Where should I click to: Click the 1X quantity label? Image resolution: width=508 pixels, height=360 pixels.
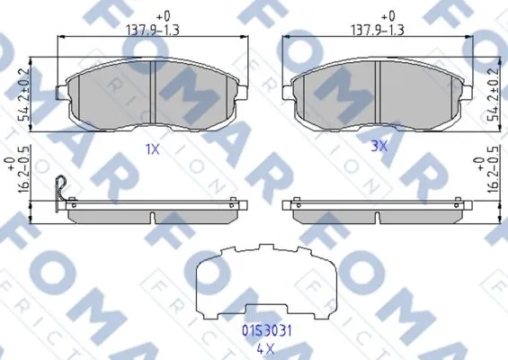(152, 149)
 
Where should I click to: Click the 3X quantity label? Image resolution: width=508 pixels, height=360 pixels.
(379, 147)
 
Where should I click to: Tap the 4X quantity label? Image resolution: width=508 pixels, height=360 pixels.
(265, 349)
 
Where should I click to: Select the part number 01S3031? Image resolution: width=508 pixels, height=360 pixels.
(267, 331)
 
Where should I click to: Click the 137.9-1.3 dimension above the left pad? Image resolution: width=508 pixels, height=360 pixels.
(152, 31)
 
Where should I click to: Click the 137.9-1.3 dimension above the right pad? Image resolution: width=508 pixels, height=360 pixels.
(378, 31)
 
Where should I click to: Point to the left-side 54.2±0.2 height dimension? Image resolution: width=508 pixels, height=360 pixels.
(23, 94)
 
